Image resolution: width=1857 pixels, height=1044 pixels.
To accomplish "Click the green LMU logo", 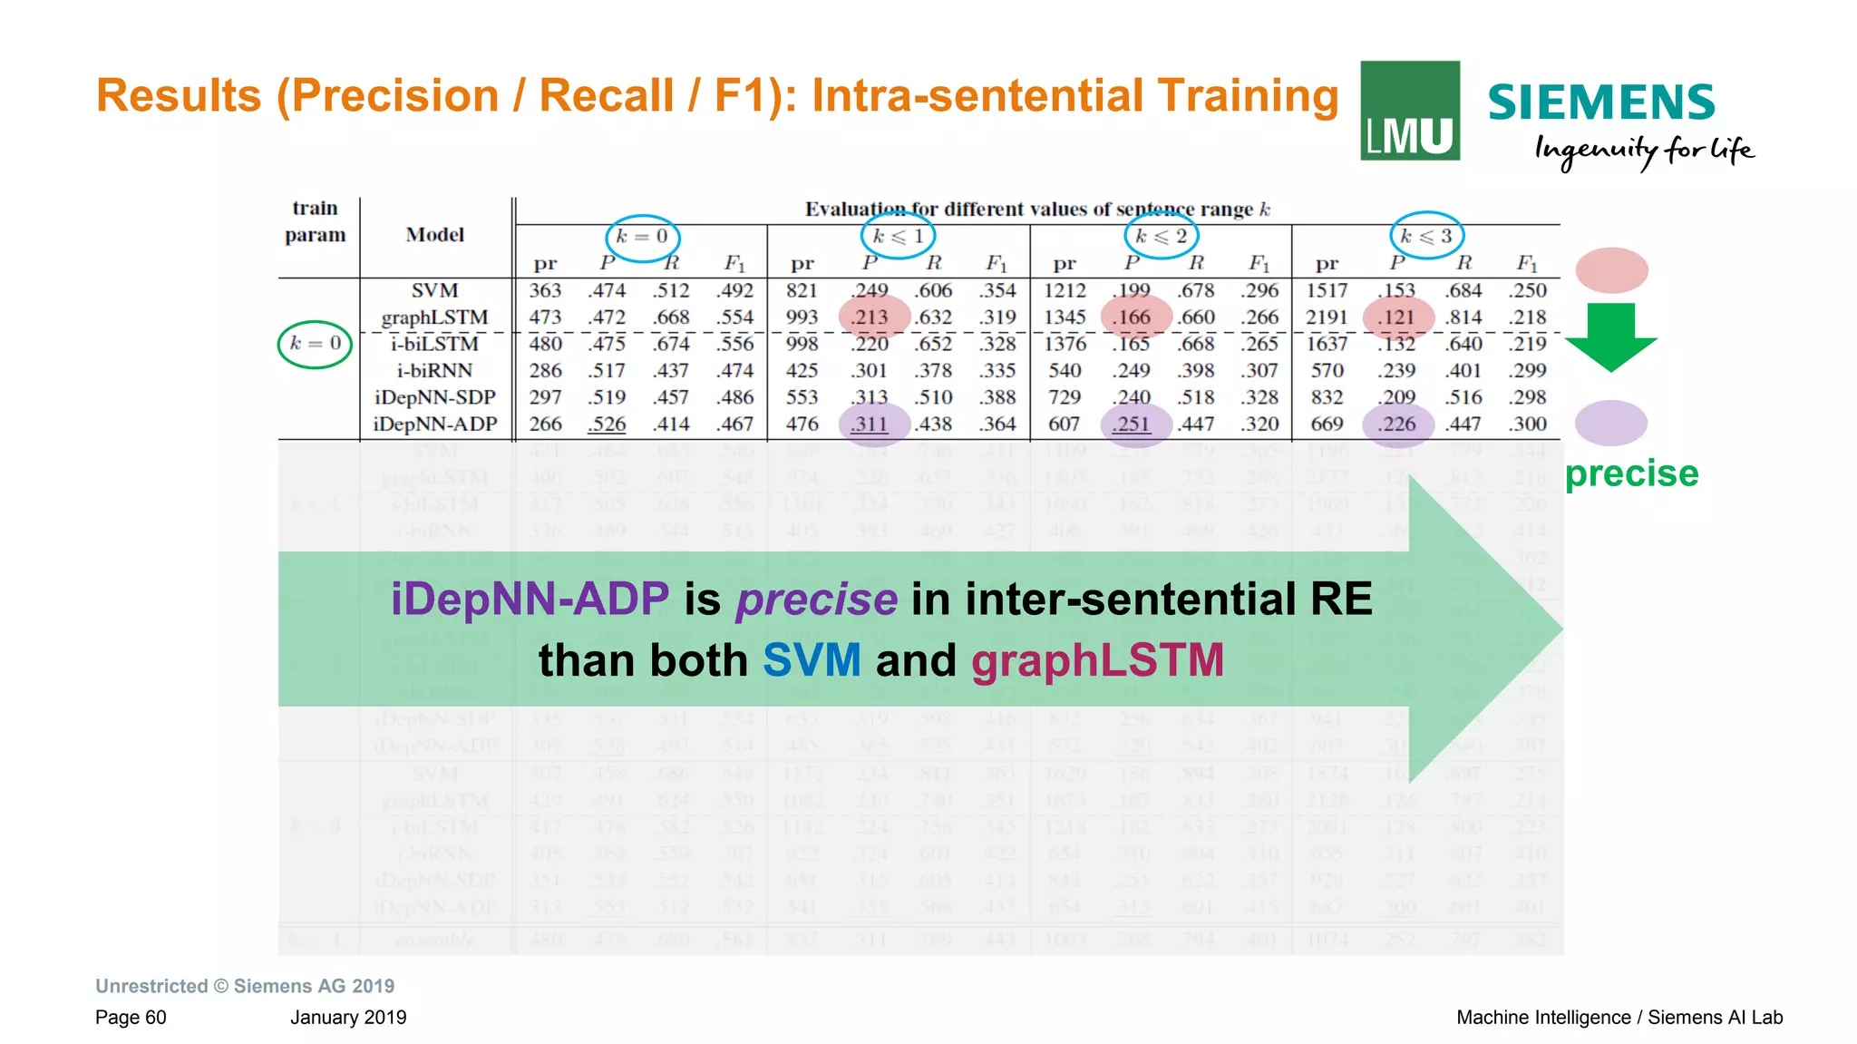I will click(x=1409, y=111).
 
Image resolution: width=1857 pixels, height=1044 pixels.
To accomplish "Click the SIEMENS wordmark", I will click(x=1601, y=102).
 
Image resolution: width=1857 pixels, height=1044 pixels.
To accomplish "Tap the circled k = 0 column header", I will click(x=642, y=238).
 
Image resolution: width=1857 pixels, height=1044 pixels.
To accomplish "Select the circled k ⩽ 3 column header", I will click(x=1426, y=236).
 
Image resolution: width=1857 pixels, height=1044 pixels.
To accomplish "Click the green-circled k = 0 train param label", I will click(x=315, y=344).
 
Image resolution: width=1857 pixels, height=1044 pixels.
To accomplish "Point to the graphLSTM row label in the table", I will click(x=434, y=317).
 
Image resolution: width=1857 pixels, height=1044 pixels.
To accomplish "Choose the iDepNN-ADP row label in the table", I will click(x=435, y=424).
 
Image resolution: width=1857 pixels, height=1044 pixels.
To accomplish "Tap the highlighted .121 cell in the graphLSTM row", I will click(x=1396, y=317).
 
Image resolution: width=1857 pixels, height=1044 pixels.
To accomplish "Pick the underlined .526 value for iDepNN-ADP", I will click(x=607, y=424).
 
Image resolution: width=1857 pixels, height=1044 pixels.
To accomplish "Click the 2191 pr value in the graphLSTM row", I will click(x=1327, y=317).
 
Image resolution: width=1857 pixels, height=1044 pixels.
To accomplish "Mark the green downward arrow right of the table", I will click(x=1610, y=337).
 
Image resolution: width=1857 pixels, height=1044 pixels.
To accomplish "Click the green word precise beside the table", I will click(x=1631, y=473).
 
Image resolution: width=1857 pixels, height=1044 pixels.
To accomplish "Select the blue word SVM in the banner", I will click(x=811, y=660).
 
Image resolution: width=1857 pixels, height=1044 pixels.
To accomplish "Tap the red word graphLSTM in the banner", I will click(x=1097, y=660).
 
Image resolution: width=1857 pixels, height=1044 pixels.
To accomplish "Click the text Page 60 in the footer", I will click(x=131, y=1017).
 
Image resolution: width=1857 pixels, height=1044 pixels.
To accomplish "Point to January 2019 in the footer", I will click(x=348, y=1017).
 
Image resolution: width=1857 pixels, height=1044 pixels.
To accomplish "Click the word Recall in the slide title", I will click(x=606, y=96).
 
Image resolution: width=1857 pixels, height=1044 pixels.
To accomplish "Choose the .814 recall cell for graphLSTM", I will click(x=1463, y=317).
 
